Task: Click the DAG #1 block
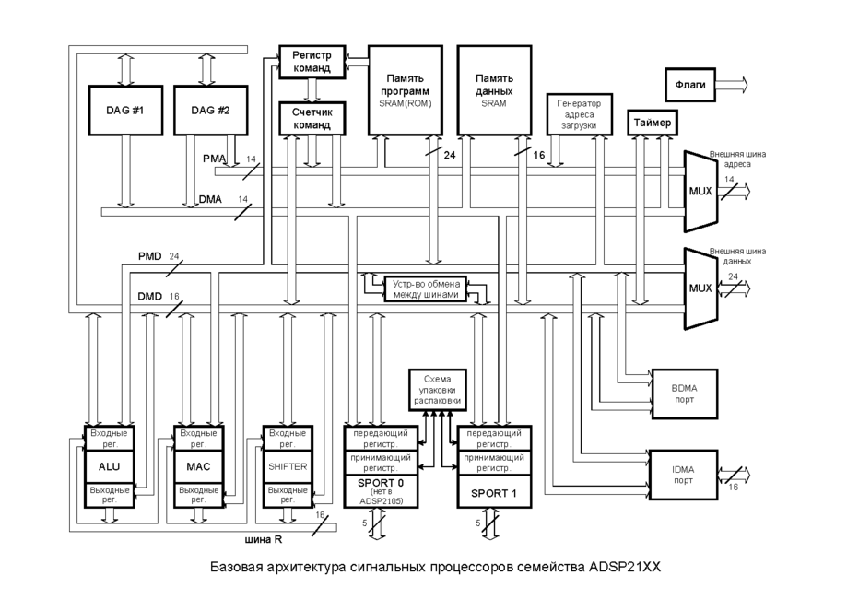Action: click(x=124, y=111)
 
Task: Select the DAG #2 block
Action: click(x=209, y=111)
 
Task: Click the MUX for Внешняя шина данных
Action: click(x=700, y=288)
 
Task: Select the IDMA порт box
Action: click(x=683, y=474)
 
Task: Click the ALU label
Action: click(x=110, y=466)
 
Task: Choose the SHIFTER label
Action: click(x=287, y=466)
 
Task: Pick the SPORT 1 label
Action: click(x=495, y=492)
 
